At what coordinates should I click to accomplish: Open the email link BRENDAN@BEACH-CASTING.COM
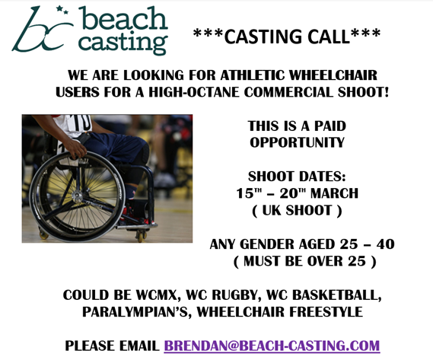272,346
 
